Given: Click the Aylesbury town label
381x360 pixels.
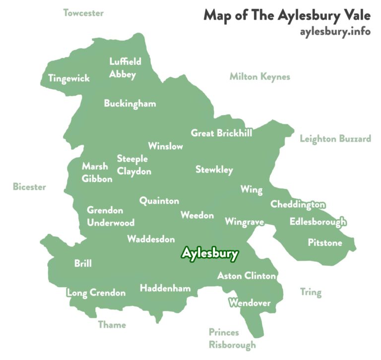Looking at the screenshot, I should pos(210,253).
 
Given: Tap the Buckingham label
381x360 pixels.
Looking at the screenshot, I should pos(130,104).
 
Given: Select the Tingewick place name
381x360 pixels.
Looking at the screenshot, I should pos(69,78).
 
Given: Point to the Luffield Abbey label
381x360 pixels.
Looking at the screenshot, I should pos(125,68).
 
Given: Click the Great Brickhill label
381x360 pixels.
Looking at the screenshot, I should pos(221,133).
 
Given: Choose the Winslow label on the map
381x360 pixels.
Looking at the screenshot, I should pos(165,146).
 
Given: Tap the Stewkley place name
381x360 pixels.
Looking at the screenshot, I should pos(214,170).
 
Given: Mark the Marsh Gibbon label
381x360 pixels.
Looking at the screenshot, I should pos(97,172).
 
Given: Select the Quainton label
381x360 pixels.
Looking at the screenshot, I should pos(159,201).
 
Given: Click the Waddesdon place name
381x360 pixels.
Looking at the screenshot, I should pos(151,239).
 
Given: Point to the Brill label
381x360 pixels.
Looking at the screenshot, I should pos(83,263).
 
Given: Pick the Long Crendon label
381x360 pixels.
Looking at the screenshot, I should pos(96,293).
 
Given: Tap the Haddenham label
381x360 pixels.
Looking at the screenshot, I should pos(165,288).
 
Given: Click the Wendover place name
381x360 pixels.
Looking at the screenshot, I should pos(250,302).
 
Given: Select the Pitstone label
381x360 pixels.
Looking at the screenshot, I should pos(325,243).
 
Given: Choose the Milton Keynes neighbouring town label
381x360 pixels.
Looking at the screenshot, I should pos(259,77).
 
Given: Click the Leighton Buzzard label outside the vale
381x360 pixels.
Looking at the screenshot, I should pos(335,138).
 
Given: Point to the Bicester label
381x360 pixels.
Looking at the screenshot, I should pos(29,187).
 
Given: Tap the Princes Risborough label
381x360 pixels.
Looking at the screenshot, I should pos(232,338).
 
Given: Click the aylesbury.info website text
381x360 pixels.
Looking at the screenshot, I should pos(335,31).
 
